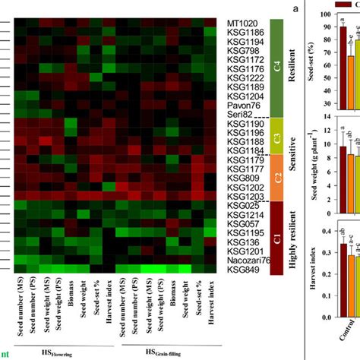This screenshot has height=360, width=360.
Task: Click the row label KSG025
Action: [x=243, y=205]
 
